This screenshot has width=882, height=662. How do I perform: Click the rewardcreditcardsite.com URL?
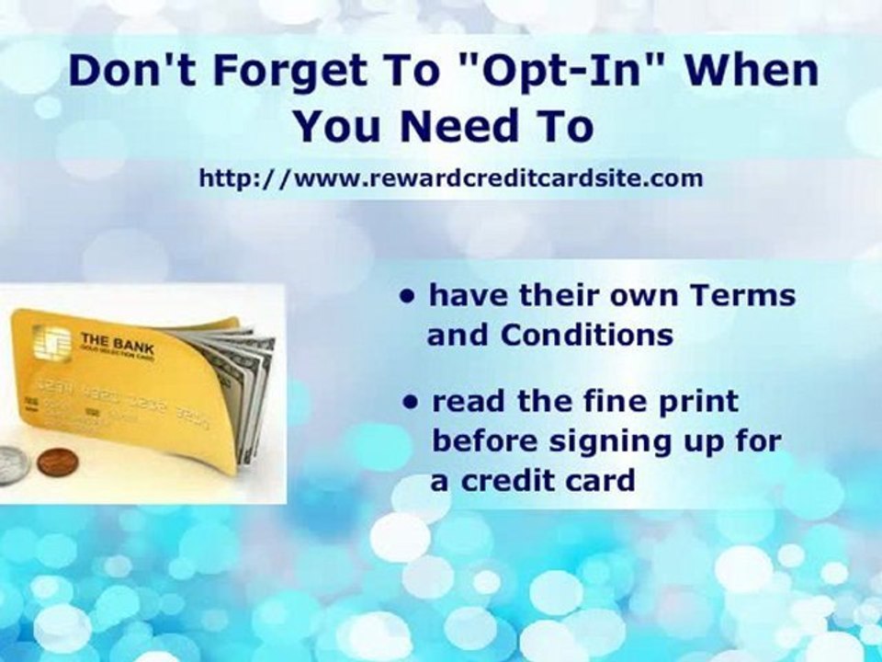coord(451,178)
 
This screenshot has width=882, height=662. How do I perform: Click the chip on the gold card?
coord(51,345)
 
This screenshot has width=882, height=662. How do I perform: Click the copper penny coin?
coord(54,460)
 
